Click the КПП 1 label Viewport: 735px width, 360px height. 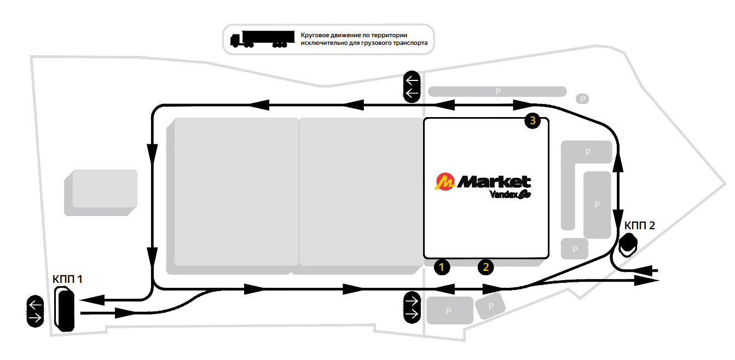pyautogui.click(x=67, y=279)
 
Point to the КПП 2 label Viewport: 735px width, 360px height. pyautogui.click(x=639, y=225)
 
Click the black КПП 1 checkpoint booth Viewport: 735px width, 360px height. pyautogui.click(x=66, y=310)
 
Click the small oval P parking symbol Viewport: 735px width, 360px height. pyautogui.click(x=583, y=98)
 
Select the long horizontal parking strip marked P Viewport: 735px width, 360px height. pyautogui.click(x=497, y=91)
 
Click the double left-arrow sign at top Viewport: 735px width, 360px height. pyautogui.click(x=412, y=87)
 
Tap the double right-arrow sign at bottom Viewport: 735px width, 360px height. pyautogui.click(x=412, y=306)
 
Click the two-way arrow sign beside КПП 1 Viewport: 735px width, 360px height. pyautogui.click(x=36, y=311)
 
